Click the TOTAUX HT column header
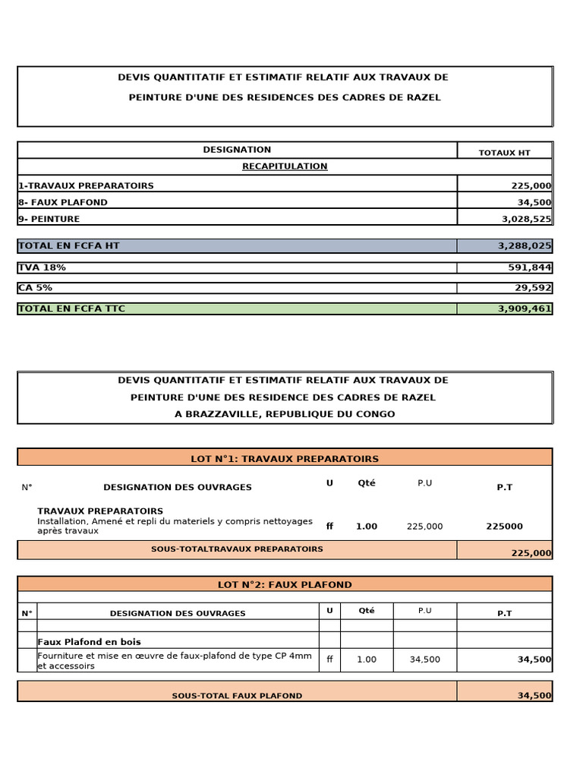(504, 153)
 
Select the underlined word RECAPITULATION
(285, 166)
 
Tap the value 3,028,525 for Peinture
(526, 219)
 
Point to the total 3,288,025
(525, 246)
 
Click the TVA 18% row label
(42, 267)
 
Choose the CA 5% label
(35, 288)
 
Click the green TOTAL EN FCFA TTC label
(71, 308)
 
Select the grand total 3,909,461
(525, 308)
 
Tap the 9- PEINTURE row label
(49, 219)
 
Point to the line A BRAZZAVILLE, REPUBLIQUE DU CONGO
(285, 414)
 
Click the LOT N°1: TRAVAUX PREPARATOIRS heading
(285, 458)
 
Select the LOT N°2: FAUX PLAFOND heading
(285, 585)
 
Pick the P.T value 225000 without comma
(504, 527)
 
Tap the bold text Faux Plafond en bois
(90, 642)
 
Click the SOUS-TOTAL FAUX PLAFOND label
(237, 696)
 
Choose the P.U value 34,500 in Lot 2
(424, 659)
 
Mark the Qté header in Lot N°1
(366, 483)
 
